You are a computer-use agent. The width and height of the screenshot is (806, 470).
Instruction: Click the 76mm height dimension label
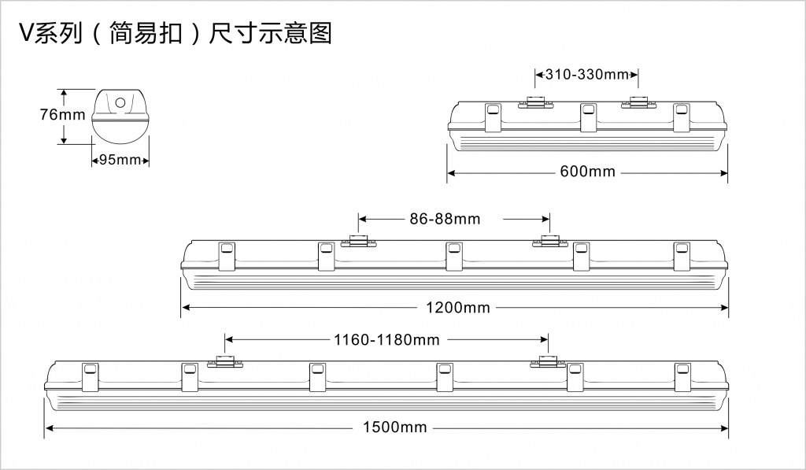pos(62,114)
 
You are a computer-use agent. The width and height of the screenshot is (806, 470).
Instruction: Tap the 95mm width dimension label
pos(120,159)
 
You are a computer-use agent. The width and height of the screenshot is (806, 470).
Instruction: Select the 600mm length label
pos(587,172)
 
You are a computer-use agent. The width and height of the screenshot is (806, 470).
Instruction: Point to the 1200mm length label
pos(458,308)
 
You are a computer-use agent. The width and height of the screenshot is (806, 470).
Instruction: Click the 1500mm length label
pos(395,427)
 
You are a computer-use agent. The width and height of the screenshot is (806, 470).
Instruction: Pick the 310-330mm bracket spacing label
pos(587,75)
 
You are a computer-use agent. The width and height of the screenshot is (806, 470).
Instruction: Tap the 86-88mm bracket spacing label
pos(445,219)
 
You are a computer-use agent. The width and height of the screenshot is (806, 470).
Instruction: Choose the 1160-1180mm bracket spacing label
pos(386,340)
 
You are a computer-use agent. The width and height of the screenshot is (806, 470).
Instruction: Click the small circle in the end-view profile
pos(120,102)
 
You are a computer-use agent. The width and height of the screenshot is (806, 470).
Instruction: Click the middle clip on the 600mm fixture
pos(587,117)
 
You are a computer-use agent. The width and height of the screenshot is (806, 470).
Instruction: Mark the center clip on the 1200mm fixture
pos(453,256)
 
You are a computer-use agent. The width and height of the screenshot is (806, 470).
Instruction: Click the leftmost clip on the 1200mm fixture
pos(226,256)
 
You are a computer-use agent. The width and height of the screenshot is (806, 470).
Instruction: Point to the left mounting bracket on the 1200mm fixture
pos(359,240)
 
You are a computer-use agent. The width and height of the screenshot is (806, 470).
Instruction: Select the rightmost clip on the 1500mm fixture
pos(682,377)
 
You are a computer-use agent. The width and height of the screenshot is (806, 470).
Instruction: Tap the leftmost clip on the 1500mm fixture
pos(90,377)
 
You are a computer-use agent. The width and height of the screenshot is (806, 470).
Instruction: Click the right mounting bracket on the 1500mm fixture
pos(549,361)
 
